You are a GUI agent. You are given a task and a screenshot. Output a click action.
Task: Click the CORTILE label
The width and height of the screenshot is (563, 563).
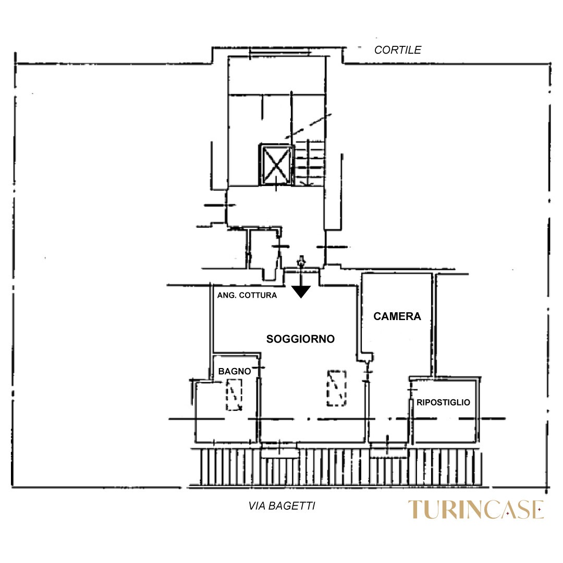[x=397, y=50]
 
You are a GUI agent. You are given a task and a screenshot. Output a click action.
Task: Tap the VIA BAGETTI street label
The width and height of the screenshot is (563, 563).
[x=282, y=506]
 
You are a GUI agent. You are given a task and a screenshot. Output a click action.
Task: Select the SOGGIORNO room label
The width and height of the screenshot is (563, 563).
[x=301, y=339]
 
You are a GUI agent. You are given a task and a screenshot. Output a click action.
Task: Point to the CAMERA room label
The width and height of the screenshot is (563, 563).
[x=397, y=316]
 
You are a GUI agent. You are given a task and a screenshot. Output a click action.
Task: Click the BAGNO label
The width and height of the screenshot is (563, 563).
[x=235, y=371]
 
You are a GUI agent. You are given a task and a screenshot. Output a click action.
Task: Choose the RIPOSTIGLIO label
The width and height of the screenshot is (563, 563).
[x=443, y=402]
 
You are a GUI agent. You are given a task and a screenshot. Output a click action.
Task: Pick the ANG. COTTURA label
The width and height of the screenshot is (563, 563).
[x=247, y=295]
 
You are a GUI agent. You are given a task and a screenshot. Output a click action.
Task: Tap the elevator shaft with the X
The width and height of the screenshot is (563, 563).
[x=276, y=165]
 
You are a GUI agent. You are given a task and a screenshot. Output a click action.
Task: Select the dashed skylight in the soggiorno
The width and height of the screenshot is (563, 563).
[x=336, y=388]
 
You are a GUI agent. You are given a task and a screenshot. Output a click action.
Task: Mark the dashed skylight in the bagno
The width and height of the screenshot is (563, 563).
[x=234, y=395]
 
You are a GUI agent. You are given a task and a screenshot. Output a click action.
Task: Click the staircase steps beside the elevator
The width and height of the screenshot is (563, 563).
[x=310, y=163]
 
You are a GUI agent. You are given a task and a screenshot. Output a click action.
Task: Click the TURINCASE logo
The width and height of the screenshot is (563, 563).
[x=476, y=509]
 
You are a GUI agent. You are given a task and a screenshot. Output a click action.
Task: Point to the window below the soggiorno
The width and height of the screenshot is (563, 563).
[x=280, y=450]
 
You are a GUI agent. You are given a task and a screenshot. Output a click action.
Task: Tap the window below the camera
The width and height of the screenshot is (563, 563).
[x=389, y=450]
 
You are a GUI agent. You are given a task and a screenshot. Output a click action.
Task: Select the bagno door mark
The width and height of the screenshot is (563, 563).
[x=259, y=368]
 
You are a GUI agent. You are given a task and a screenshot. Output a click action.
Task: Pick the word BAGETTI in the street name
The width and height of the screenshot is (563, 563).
[x=292, y=506]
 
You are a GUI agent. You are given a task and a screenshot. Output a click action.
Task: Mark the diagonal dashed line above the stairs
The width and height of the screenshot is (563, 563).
[x=309, y=126]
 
